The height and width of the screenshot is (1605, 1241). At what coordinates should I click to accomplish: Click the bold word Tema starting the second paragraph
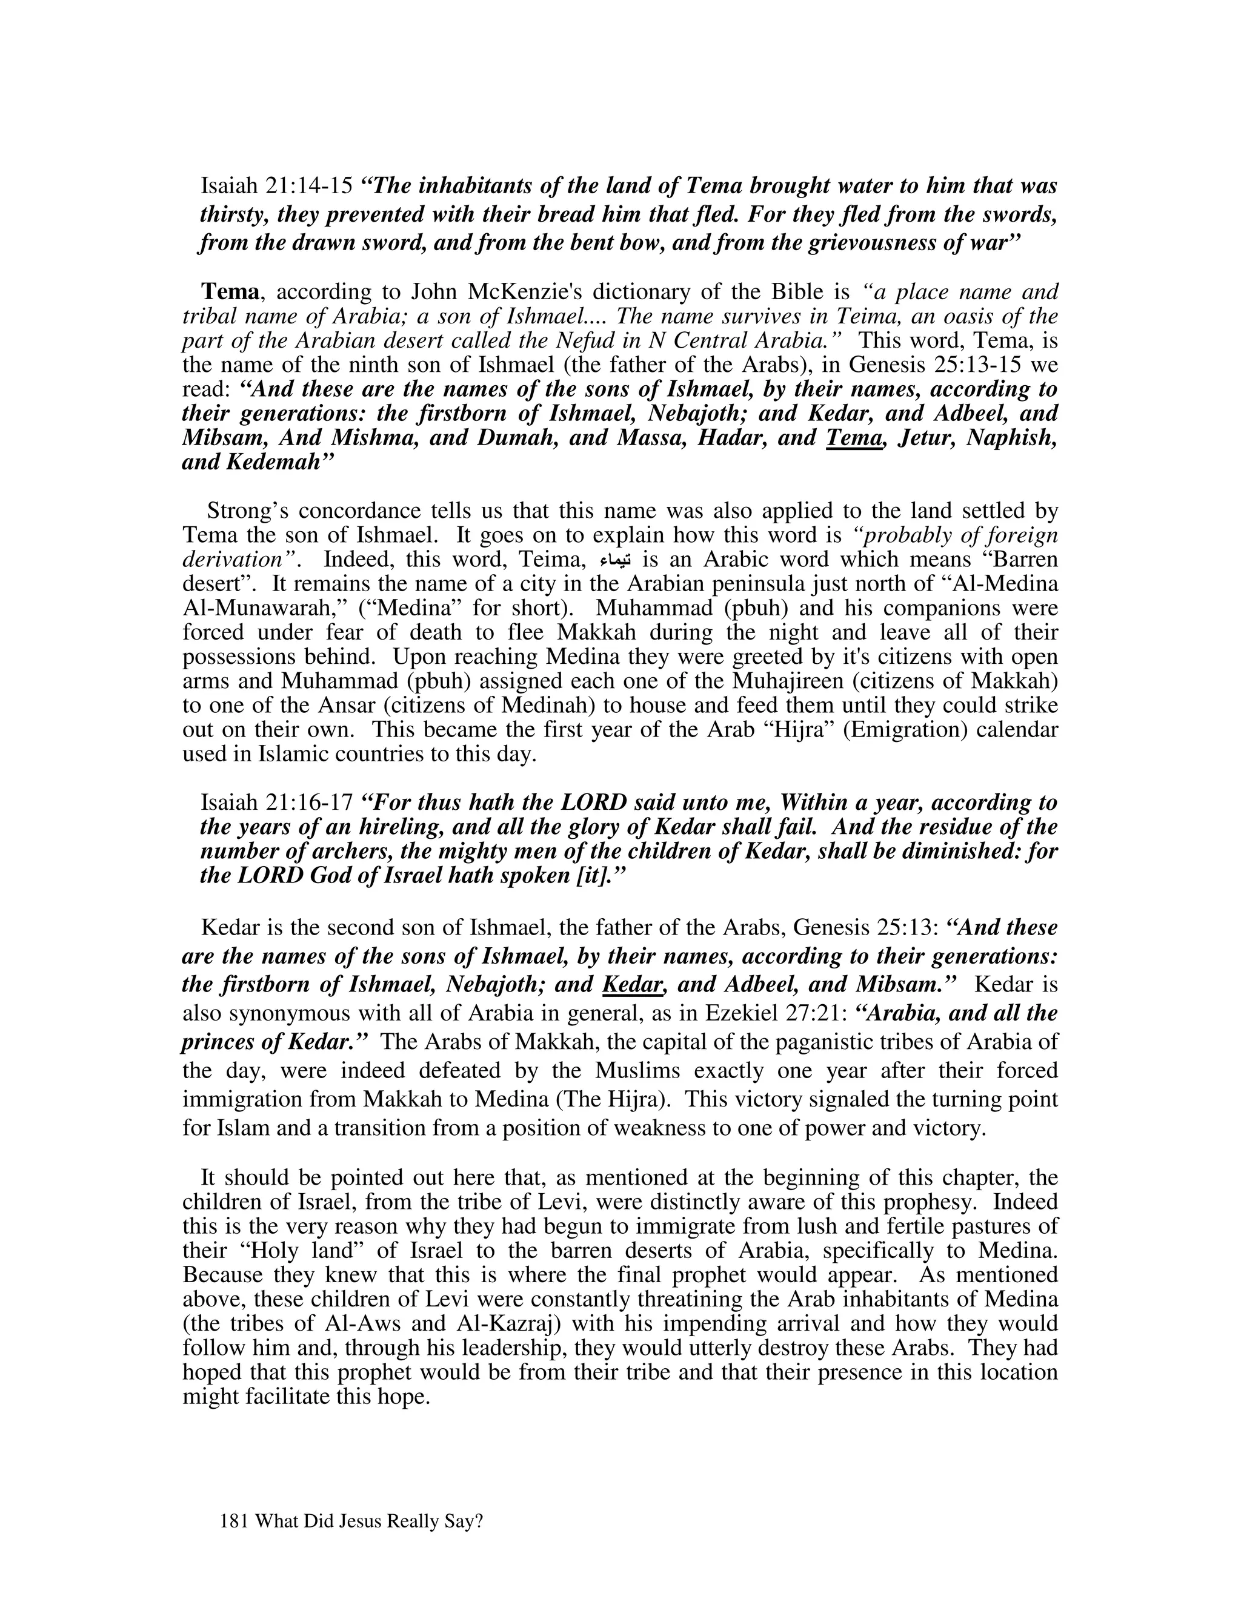pos(230,292)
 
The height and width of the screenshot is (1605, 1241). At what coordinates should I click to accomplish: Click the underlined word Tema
pos(854,438)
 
